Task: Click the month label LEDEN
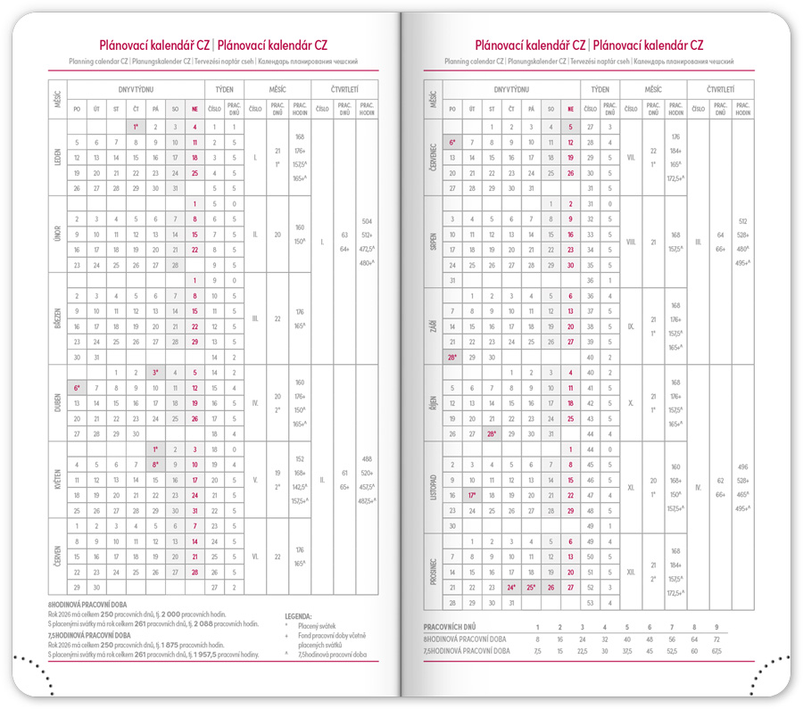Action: (x=57, y=157)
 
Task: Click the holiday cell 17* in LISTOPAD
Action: (x=474, y=495)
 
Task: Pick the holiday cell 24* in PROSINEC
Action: (x=511, y=588)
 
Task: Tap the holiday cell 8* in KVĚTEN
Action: (x=155, y=465)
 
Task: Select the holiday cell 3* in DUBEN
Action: (x=155, y=372)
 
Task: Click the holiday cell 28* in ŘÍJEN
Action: (x=493, y=433)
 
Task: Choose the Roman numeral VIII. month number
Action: (x=631, y=242)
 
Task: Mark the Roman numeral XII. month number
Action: (x=631, y=572)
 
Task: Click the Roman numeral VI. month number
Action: (x=255, y=556)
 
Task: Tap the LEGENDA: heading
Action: (x=298, y=616)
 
